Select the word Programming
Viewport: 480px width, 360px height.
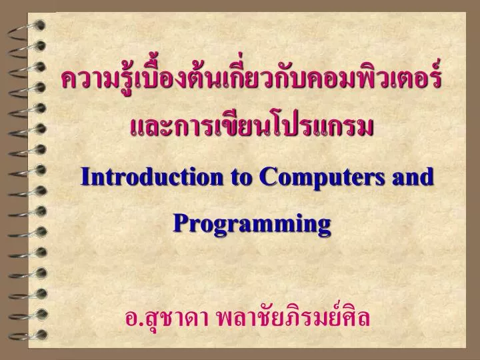pyautogui.click(x=252, y=223)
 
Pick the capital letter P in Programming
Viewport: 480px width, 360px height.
pyautogui.click(x=179, y=222)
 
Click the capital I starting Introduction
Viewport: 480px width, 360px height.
pyautogui.click(x=85, y=177)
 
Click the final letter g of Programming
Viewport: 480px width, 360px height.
pyautogui.click(x=323, y=225)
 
